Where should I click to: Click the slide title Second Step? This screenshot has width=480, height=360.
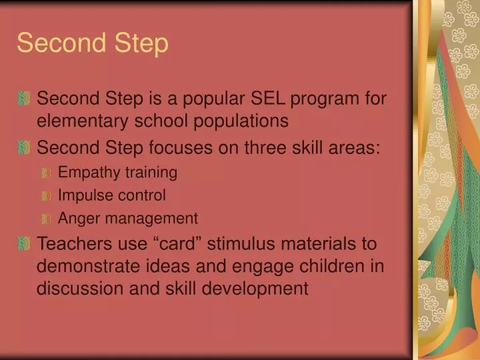click(x=93, y=43)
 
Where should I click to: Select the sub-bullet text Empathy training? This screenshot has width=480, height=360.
click(x=117, y=173)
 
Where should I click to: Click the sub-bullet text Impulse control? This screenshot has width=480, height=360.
click(x=112, y=195)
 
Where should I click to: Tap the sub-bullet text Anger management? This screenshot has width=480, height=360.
click(x=128, y=218)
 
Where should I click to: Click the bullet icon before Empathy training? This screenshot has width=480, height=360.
click(x=46, y=173)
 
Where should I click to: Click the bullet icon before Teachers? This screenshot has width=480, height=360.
click(x=25, y=244)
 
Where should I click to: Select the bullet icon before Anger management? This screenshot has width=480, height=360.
click(x=46, y=219)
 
